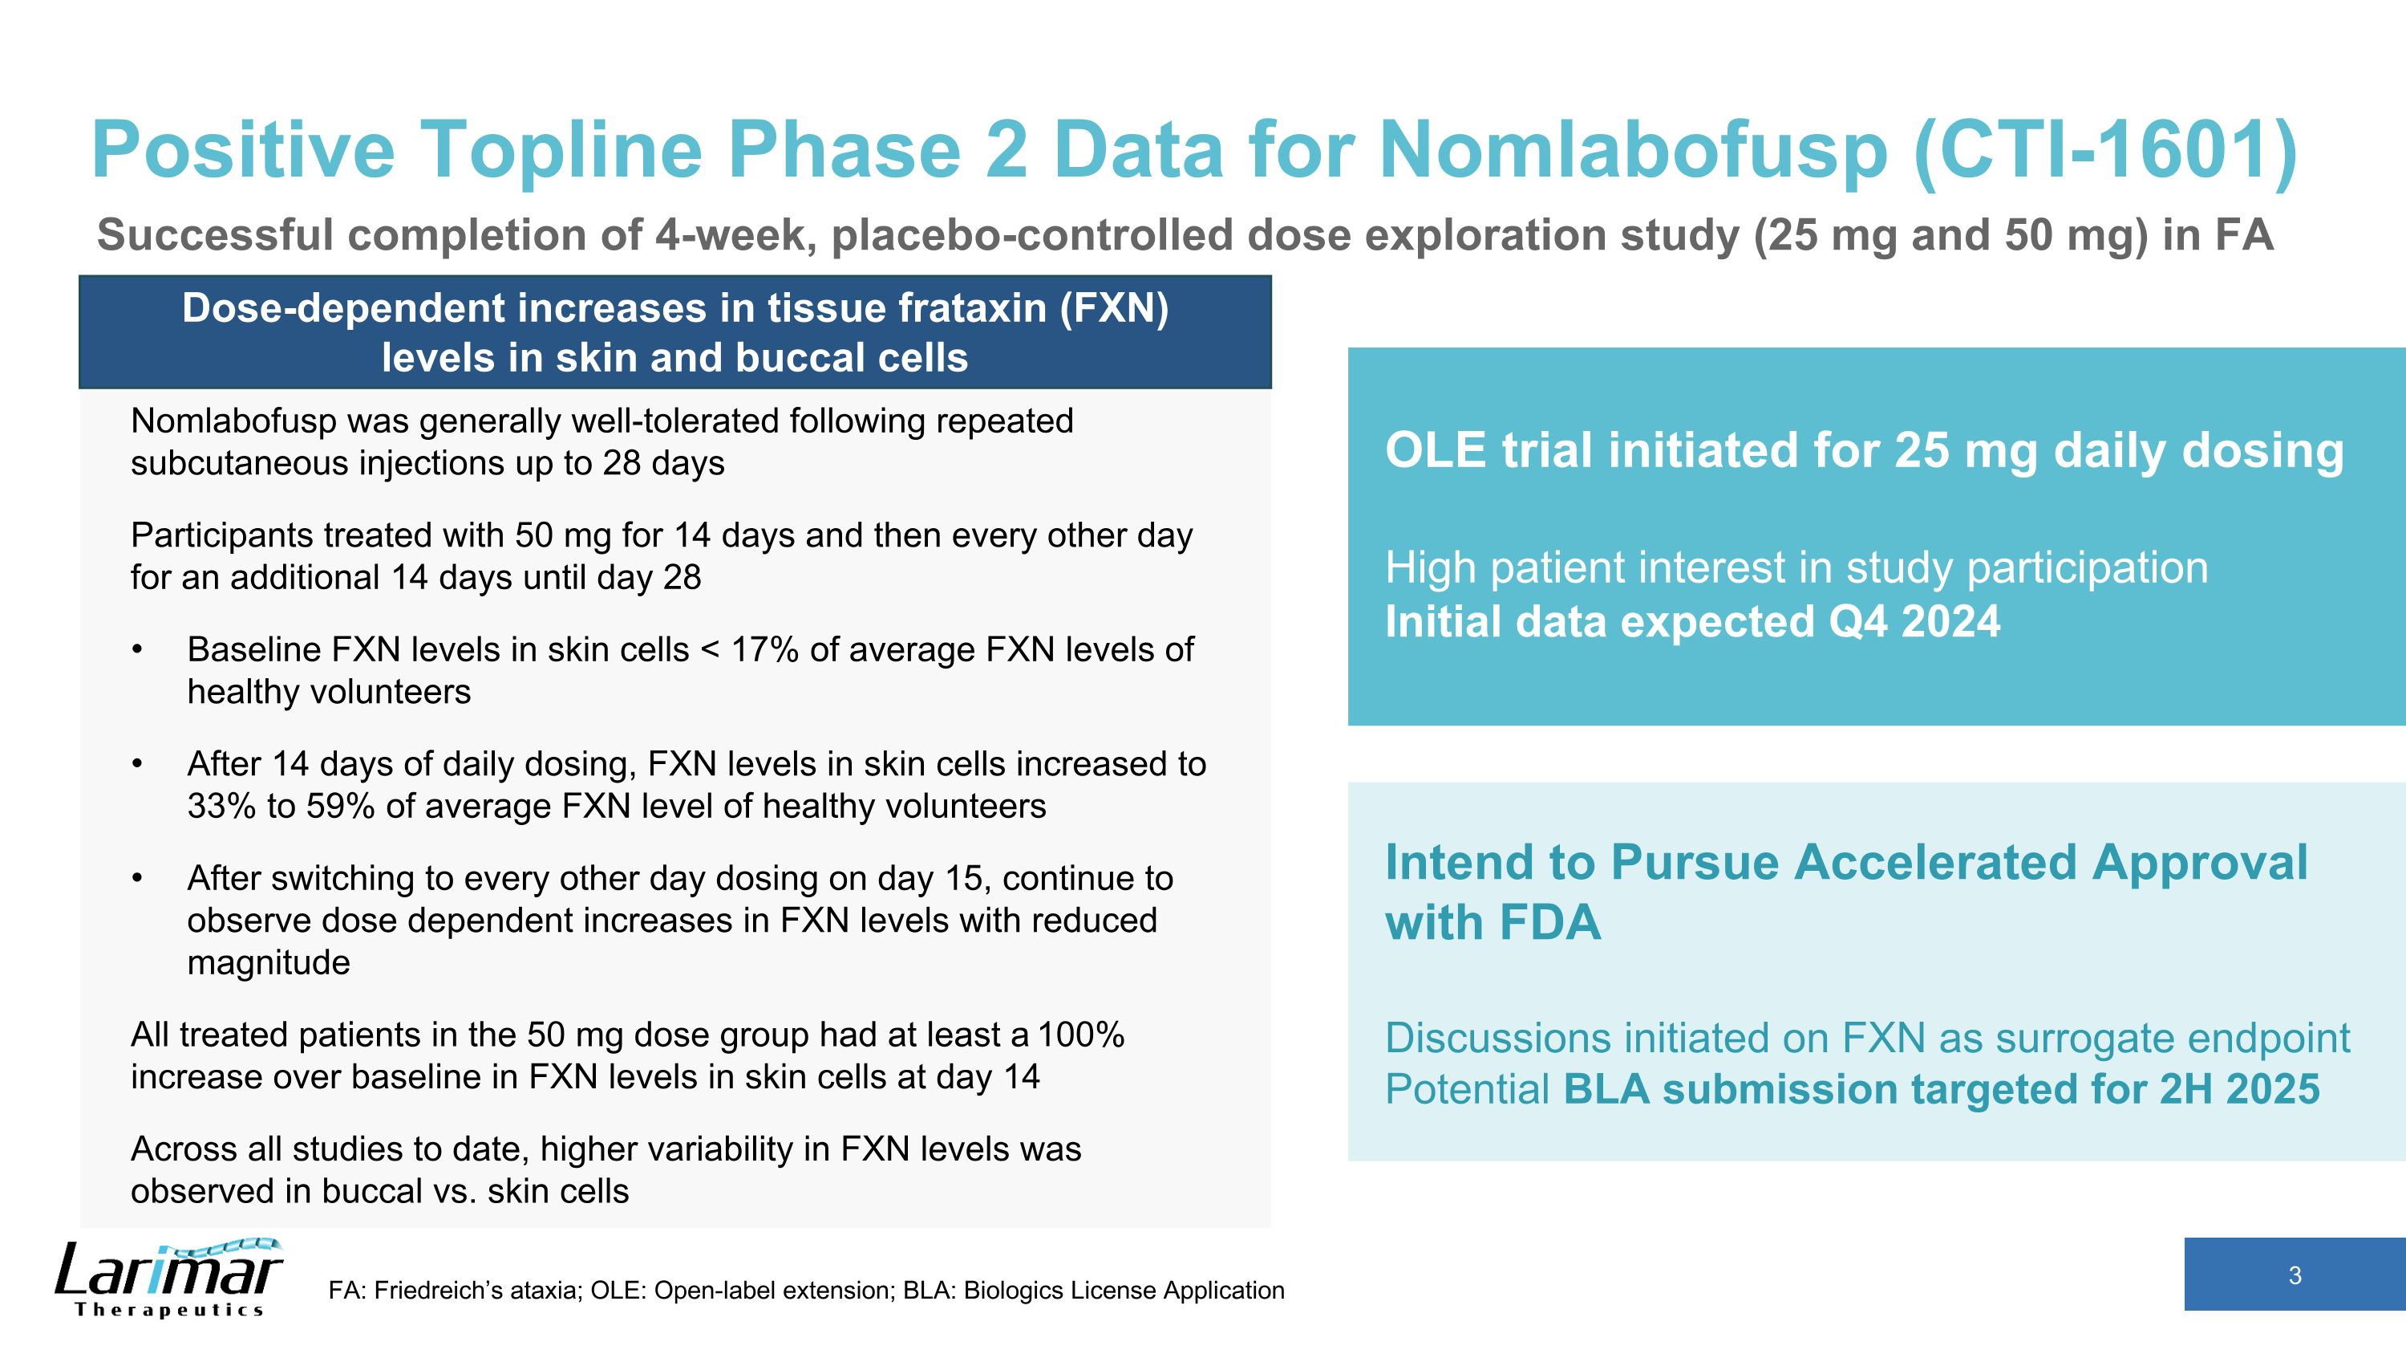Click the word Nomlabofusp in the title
click(1633, 150)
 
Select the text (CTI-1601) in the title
click(2105, 150)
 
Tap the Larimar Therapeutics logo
click(168, 1278)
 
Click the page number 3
click(2294, 1275)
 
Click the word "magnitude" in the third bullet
click(268, 962)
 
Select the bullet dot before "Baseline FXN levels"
click(137, 649)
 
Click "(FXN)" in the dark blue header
click(1113, 308)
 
